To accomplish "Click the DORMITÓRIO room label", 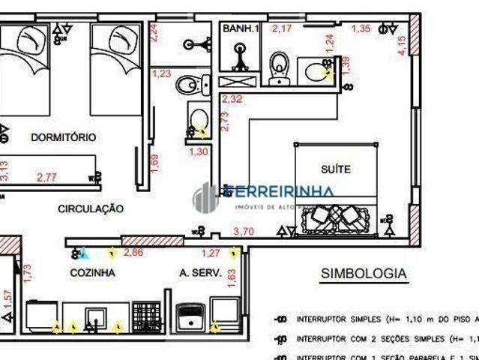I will coord(64,137).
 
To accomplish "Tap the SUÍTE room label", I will coord(335,169).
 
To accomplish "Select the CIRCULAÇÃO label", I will coord(91,209).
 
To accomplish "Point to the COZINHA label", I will coord(93,273).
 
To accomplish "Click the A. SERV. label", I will coord(200,273).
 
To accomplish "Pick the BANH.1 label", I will coord(240,28).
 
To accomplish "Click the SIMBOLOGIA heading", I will coord(364,274).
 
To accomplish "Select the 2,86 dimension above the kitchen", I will coord(133,253).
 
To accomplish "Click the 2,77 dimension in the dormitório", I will coord(46,178).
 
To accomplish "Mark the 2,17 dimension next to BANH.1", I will coord(282,28).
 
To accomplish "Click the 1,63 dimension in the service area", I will coord(232,279).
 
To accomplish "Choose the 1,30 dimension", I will coord(199,151).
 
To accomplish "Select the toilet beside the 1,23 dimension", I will coord(189,85).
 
